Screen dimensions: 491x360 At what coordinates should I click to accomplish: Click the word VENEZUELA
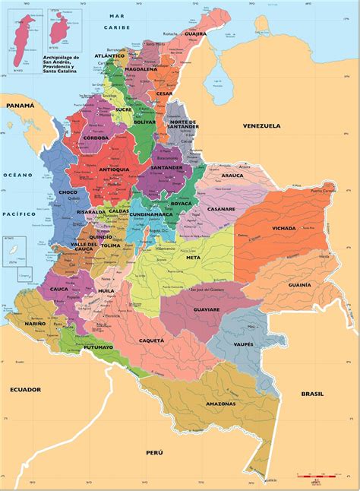pos(262,125)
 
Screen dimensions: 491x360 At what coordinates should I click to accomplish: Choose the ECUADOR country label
pos(25,388)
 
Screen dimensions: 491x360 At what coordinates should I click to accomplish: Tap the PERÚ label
pos(154,452)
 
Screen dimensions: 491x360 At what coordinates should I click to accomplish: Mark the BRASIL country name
pos(312,394)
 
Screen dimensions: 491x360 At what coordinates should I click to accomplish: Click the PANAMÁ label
pos(21,107)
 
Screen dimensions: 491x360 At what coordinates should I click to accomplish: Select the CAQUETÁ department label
pos(150,341)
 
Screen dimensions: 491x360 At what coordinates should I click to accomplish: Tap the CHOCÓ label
pos(67,192)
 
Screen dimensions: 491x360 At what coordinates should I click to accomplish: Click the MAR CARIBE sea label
pos(118,20)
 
